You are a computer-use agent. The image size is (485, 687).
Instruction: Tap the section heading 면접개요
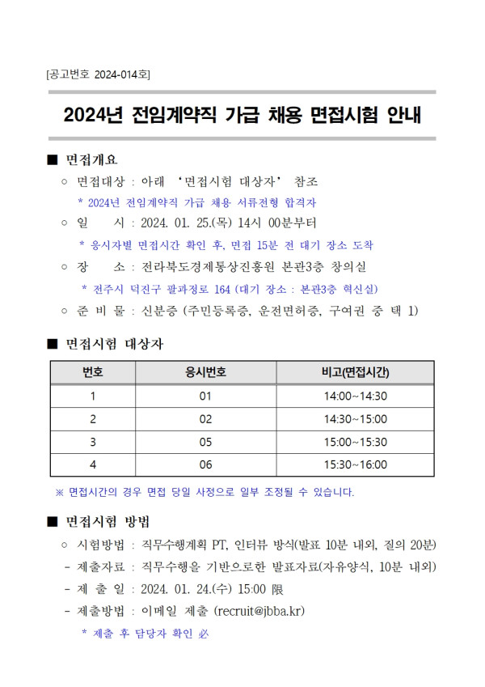tap(91, 159)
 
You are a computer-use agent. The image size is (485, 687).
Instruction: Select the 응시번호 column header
tap(205, 372)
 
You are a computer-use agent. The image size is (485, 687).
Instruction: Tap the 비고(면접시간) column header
tap(355, 372)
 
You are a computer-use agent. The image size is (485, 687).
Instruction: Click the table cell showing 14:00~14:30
tap(355, 396)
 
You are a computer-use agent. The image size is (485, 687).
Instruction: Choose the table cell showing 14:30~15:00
tap(355, 419)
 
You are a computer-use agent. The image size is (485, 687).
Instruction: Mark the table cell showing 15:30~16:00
tap(355, 465)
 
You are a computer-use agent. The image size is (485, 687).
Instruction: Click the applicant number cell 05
tap(205, 442)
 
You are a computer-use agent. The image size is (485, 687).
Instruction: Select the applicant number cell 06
tap(205, 465)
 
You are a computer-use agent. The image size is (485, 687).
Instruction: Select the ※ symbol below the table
tap(59, 491)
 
